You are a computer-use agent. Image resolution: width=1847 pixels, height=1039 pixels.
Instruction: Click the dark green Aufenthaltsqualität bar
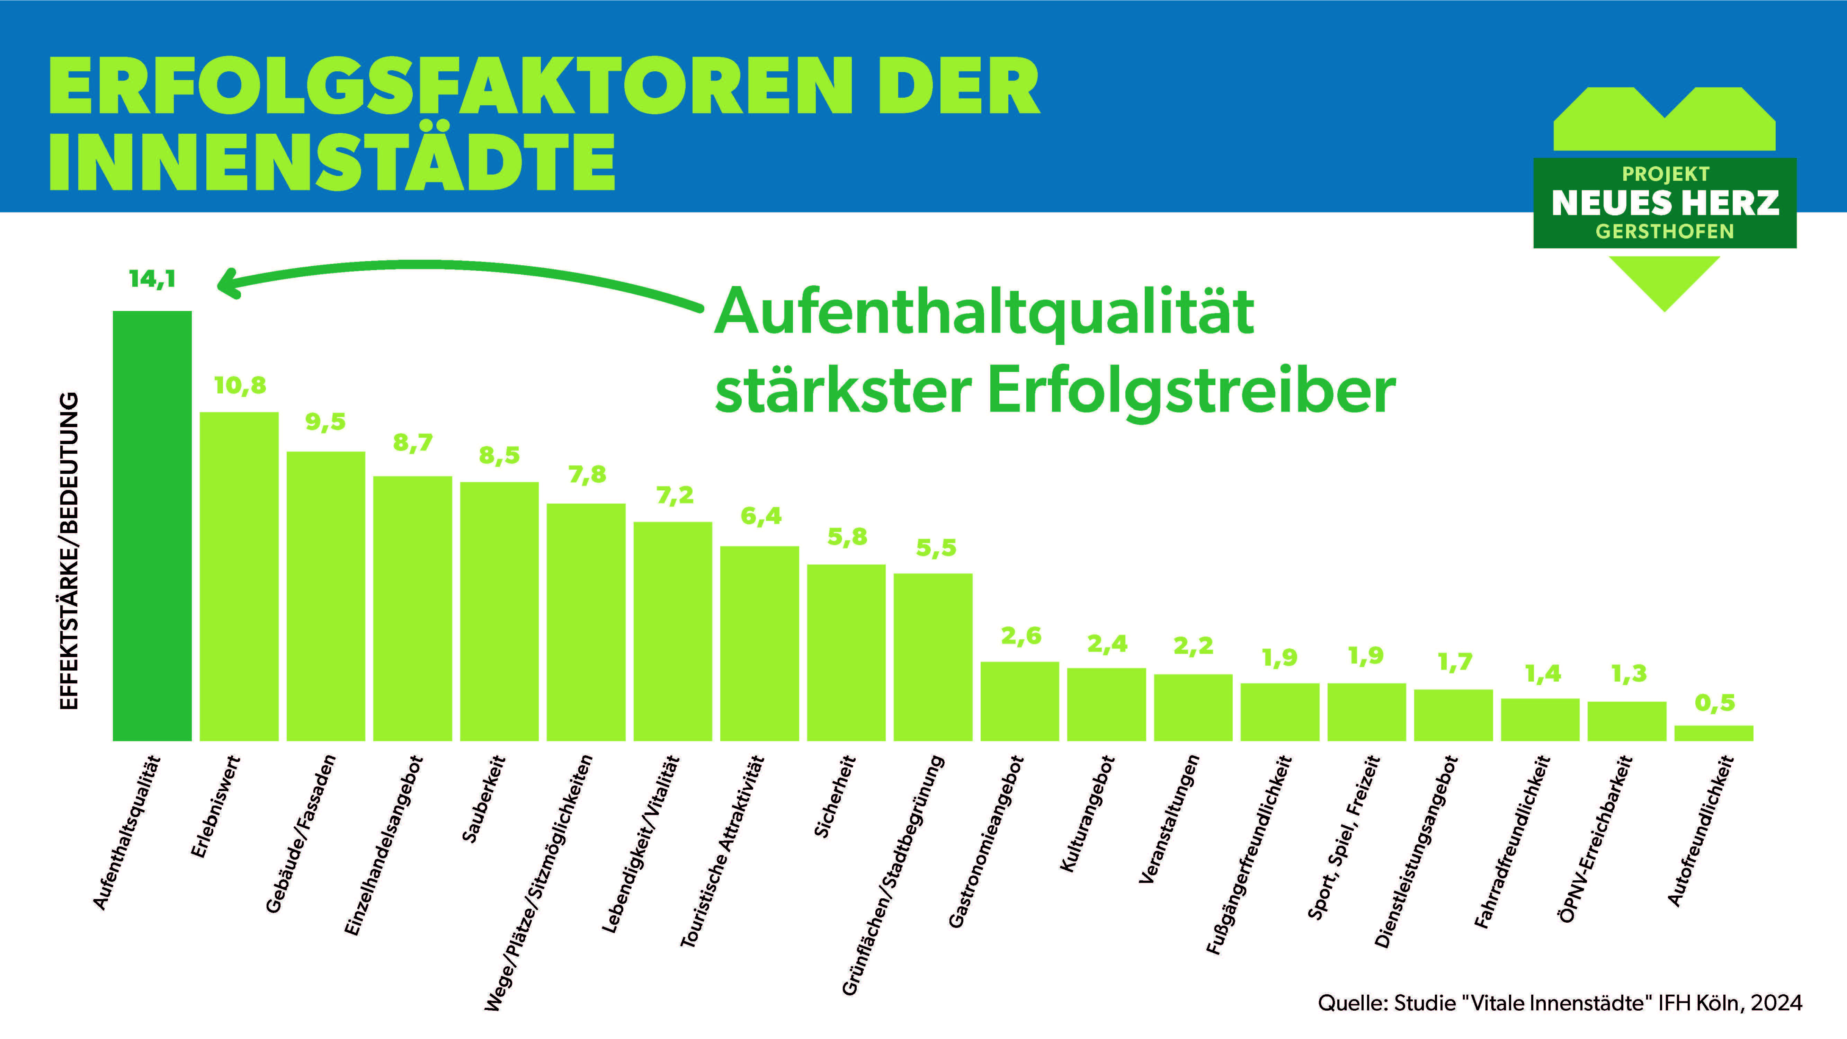point(152,526)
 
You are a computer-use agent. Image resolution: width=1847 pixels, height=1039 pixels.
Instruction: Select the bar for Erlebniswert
point(239,576)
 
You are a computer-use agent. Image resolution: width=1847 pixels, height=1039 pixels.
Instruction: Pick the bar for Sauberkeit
point(499,611)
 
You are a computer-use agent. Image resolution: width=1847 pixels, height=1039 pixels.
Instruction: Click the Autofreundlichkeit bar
point(1714,733)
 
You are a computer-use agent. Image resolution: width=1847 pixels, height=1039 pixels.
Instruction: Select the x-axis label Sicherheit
point(835,796)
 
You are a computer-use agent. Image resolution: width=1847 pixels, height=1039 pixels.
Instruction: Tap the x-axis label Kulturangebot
point(1086,814)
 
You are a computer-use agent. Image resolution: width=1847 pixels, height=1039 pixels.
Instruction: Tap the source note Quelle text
point(1560,1002)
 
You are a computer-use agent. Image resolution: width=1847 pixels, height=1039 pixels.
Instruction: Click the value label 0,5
point(1714,703)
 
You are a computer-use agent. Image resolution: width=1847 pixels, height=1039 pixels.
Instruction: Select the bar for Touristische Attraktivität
point(759,643)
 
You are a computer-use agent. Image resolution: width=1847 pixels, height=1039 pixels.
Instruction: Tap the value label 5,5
point(936,548)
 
